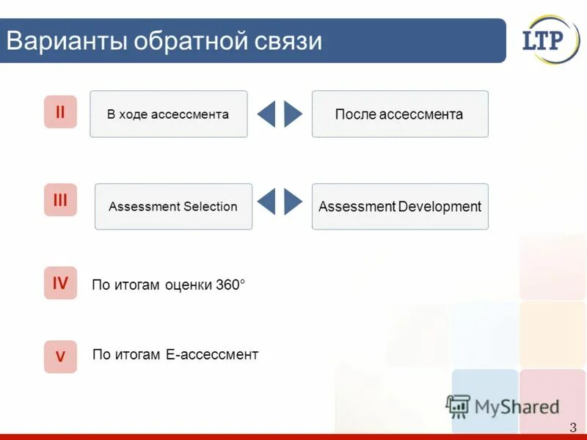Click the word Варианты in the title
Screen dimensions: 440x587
click(x=66, y=40)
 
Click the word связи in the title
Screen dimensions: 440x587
click(x=288, y=40)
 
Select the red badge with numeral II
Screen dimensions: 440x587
click(x=60, y=112)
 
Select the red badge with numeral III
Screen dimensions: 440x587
click(x=60, y=200)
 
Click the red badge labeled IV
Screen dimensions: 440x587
click(x=60, y=283)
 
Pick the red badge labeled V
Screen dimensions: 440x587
click(x=60, y=357)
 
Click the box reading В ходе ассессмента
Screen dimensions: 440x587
click(x=169, y=114)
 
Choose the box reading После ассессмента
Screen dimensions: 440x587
click(x=400, y=114)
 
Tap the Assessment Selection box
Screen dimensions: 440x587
click(x=173, y=207)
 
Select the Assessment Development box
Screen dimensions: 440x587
click(x=400, y=207)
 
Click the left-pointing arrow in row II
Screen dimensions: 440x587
click(x=267, y=114)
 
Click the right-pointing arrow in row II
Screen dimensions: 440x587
click(x=293, y=114)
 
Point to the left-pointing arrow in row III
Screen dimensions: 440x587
click(x=267, y=202)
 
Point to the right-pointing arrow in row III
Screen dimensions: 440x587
click(x=293, y=202)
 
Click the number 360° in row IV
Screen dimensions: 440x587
click(x=230, y=285)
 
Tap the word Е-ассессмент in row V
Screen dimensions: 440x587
click(x=212, y=355)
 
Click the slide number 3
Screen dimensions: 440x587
click(x=572, y=428)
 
